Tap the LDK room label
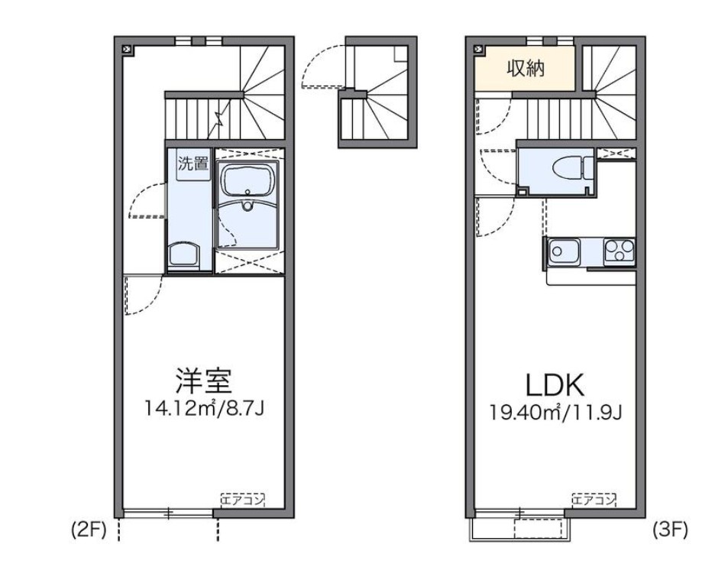(x=555, y=385)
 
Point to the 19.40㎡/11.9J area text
(x=556, y=412)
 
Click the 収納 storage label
(x=526, y=69)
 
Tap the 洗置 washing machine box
(x=193, y=164)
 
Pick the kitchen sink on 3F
(x=564, y=253)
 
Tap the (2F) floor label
(x=89, y=530)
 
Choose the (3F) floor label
(x=670, y=530)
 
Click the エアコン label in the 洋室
(x=242, y=500)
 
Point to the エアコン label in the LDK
(x=594, y=500)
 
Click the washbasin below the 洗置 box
(x=183, y=254)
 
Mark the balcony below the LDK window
(x=521, y=529)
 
